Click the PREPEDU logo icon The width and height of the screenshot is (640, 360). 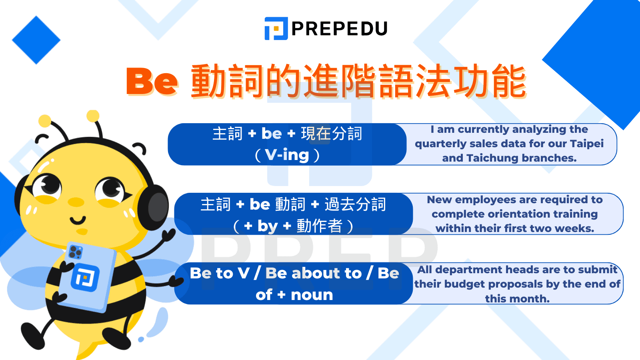click(x=276, y=28)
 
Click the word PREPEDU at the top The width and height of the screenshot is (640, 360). click(x=340, y=29)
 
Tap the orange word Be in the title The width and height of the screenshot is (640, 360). click(x=152, y=81)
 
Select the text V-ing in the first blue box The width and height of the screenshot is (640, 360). click(x=287, y=155)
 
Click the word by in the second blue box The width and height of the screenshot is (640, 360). click(x=268, y=226)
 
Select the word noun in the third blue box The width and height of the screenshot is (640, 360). click(x=312, y=295)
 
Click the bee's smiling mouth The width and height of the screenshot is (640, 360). click(x=78, y=220)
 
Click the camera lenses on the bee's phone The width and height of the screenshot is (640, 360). click(x=75, y=252)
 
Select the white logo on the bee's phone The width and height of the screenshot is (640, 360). click(x=85, y=277)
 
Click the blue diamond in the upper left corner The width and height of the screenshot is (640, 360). click(x=36, y=40)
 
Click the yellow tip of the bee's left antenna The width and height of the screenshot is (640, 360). click(x=44, y=121)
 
